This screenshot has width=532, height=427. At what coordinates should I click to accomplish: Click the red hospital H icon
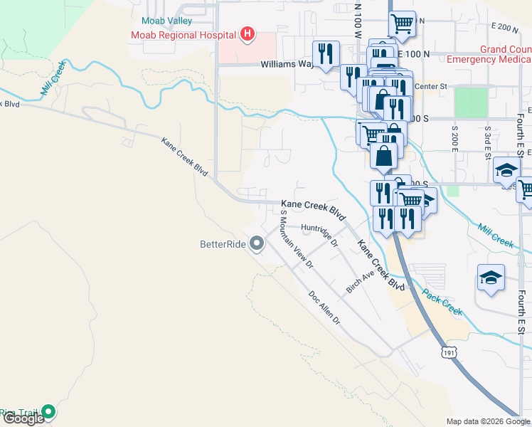(248, 33)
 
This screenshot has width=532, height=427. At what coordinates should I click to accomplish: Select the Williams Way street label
(287, 63)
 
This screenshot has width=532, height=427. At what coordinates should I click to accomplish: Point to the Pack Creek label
(442, 302)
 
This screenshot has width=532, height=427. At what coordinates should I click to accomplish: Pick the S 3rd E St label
(487, 142)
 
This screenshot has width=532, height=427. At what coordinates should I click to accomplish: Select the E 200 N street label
(506, 28)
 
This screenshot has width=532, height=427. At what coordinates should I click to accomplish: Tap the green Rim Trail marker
(48, 411)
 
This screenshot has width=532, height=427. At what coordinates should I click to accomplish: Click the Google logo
(23, 418)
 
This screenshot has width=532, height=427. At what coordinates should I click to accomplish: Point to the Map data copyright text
(487, 421)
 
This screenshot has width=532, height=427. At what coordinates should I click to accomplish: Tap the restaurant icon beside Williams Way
(326, 54)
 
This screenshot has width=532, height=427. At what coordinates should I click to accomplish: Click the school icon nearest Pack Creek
(491, 278)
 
